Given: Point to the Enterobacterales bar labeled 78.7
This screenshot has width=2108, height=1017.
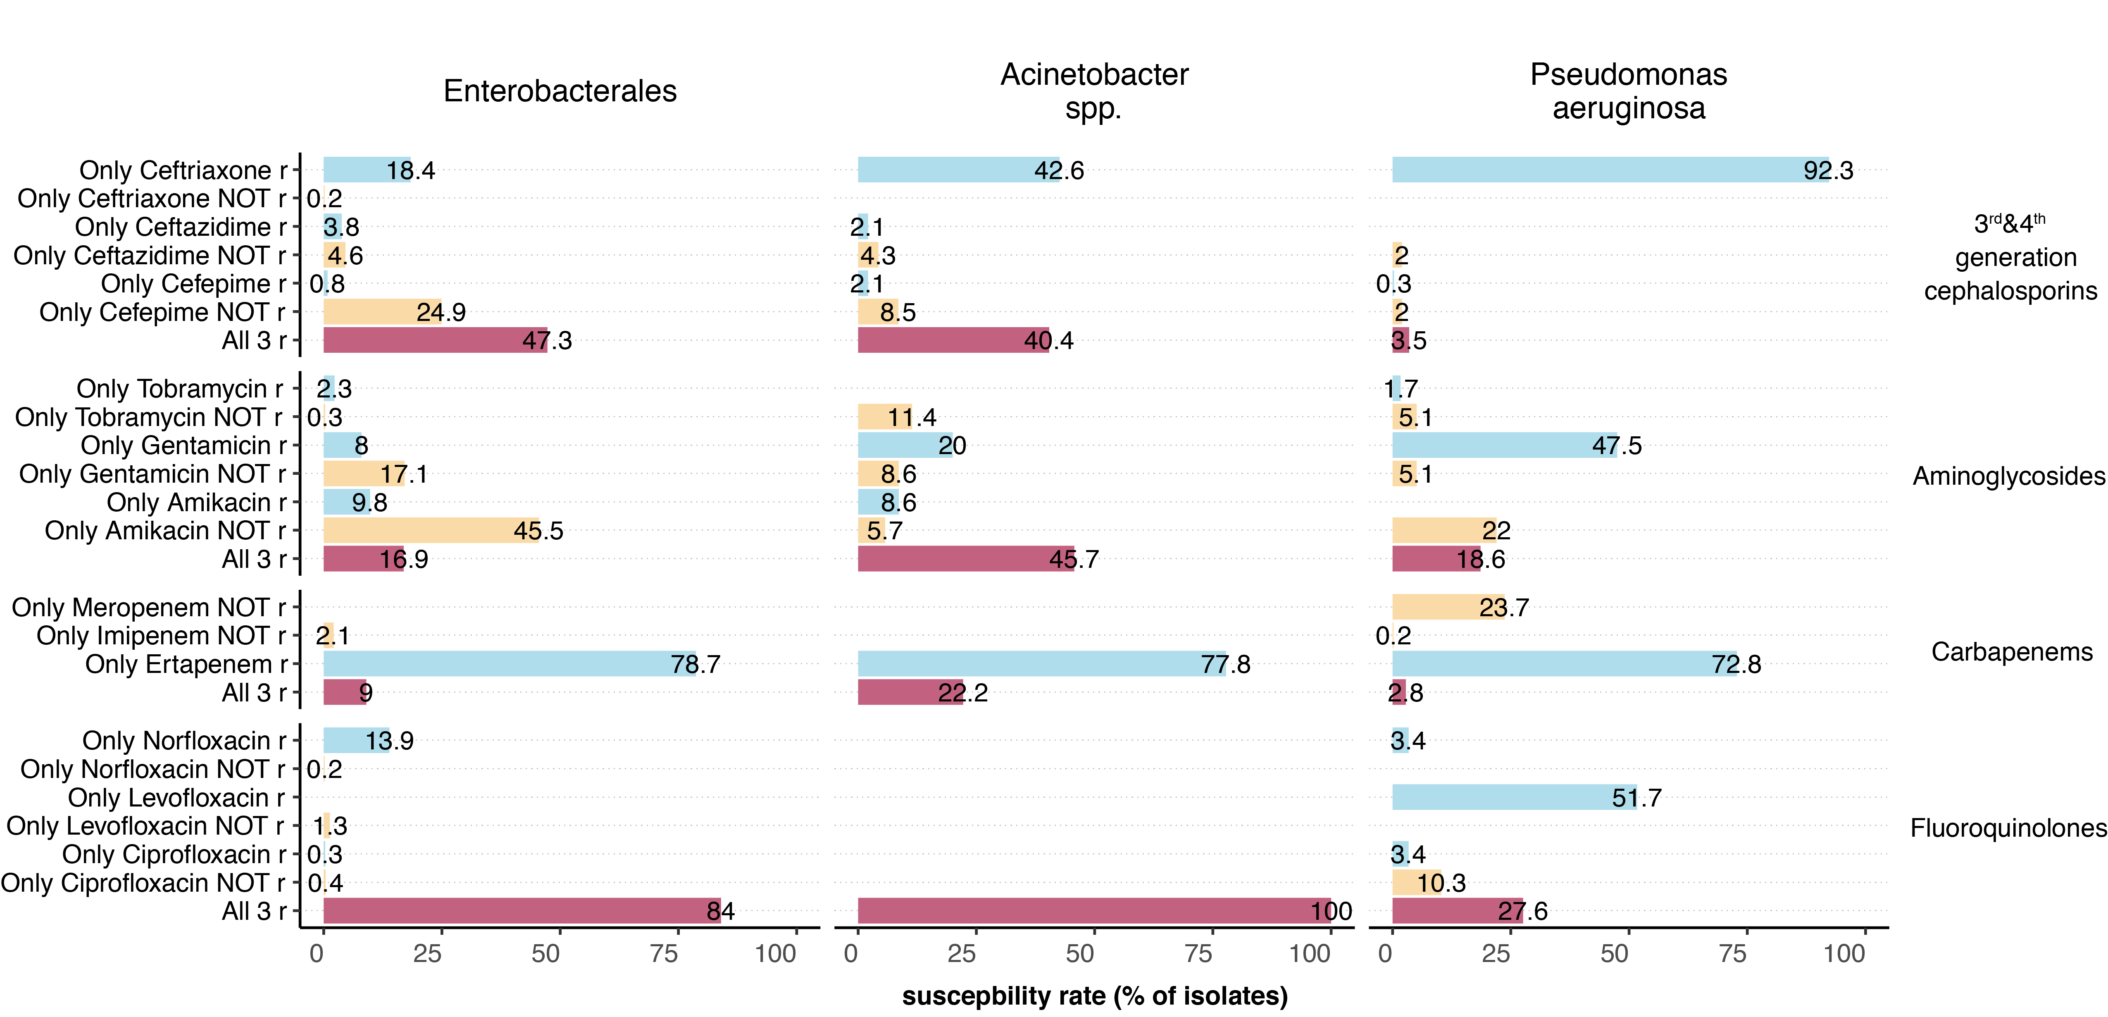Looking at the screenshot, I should point(509,663).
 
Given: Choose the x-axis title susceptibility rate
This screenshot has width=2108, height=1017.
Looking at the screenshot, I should point(1094,996).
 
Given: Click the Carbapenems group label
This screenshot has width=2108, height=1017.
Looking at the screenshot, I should point(2011,652).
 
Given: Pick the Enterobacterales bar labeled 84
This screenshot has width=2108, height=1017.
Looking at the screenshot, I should point(521,911).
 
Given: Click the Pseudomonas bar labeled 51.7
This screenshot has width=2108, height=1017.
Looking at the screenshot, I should point(1514,797).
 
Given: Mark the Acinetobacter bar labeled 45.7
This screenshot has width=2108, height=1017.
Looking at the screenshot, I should point(966,558).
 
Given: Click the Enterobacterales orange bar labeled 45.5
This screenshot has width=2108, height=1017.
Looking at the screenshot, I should point(431,530).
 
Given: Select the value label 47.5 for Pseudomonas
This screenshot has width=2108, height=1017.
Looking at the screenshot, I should point(1616,445).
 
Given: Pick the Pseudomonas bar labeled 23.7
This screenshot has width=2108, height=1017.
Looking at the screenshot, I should point(1448,607).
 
